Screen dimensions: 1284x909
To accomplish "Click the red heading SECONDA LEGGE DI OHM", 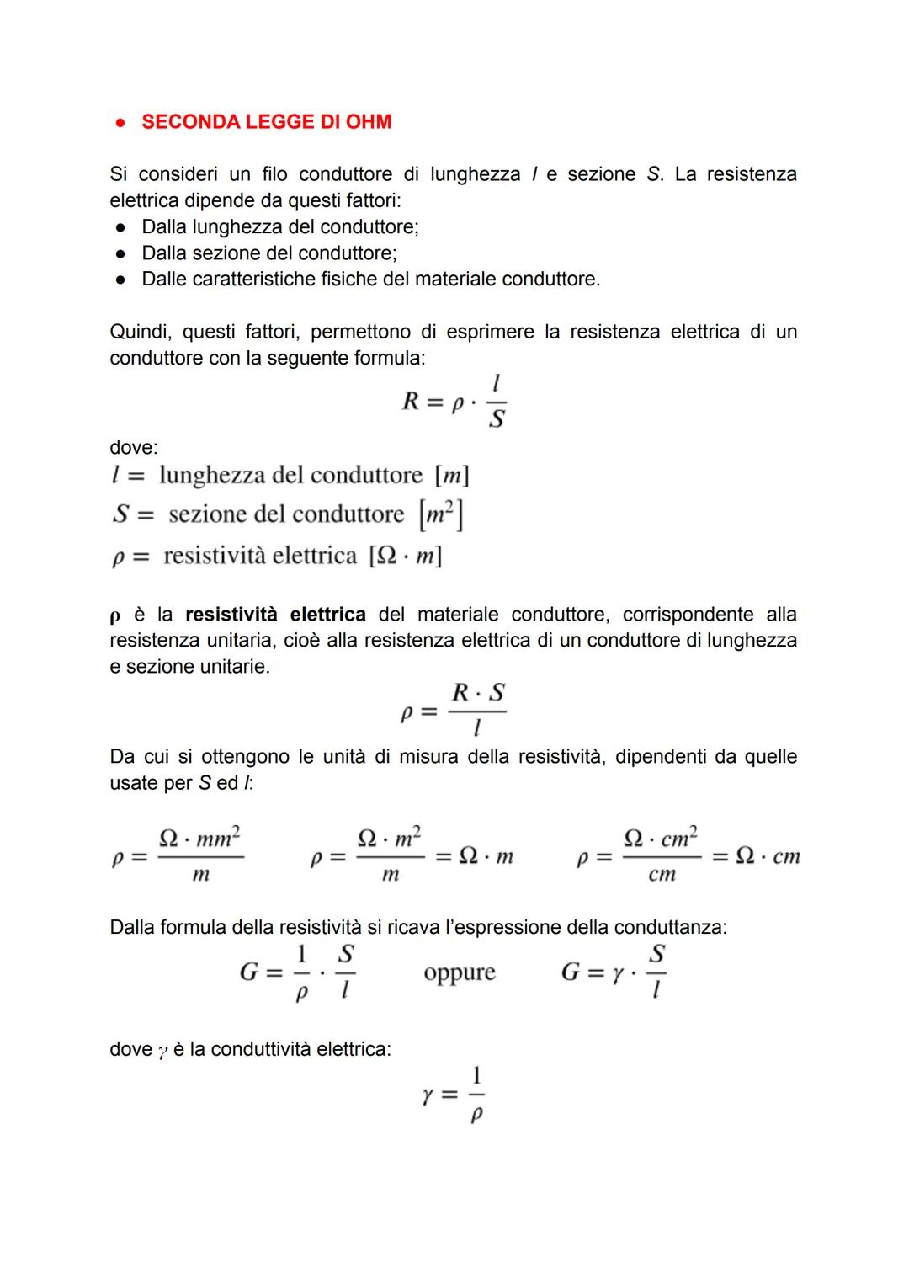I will (x=266, y=122).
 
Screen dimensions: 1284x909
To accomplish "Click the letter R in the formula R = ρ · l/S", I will (x=411, y=402).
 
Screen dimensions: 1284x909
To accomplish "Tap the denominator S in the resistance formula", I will (x=497, y=418).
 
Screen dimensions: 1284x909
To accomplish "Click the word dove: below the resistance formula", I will (x=134, y=448).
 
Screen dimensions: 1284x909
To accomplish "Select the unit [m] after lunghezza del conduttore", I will (x=452, y=476).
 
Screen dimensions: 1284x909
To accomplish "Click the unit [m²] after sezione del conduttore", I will (x=441, y=514).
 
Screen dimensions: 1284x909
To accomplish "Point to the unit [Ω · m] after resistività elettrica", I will (x=406, y=557).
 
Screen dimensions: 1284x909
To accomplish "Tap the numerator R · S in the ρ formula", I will (x=478, y=693).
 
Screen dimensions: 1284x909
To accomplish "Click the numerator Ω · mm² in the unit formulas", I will (x=200, y=838).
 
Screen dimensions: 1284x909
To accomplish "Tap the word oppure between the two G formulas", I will (x=460, y=973).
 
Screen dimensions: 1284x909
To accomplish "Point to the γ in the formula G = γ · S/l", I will (x=618, y=974).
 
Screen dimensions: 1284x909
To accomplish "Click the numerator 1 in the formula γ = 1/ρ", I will (x=476, y=1076).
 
